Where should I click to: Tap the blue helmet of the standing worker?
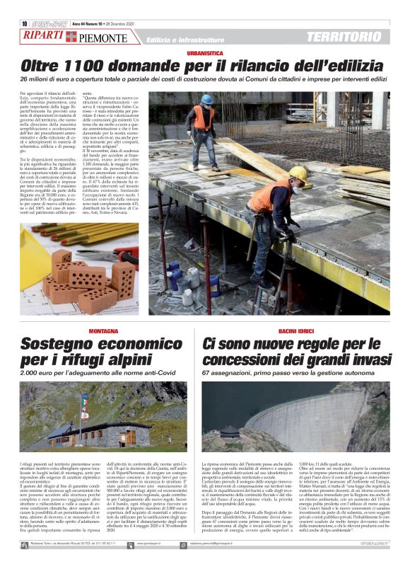pyautogui.click(x=206, y=99)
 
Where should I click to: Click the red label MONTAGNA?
pyautogui.click(x=103, y=331)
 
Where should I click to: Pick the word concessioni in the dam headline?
pyautogui.click(x=247, y=360)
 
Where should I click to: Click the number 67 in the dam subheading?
pyautogui.click(x=206, y=372)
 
